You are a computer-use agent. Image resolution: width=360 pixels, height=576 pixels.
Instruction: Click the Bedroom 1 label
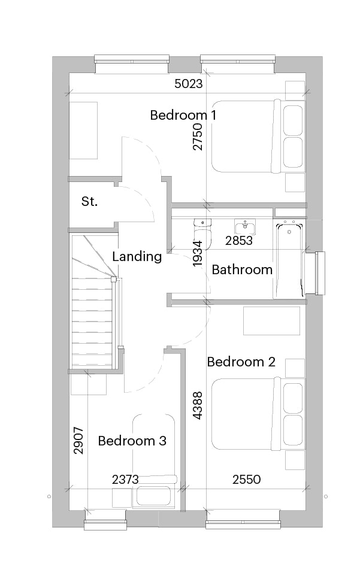(183, 116)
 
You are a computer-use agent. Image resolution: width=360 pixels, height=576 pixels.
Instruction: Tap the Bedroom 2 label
(241, 362)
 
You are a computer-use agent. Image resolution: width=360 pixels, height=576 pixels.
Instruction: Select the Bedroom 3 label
(132, 441)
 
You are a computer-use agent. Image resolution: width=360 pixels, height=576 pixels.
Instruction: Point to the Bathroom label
(242, 269)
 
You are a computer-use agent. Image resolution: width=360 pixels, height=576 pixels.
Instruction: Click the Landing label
(137, 256)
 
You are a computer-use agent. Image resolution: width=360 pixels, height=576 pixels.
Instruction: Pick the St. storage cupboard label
(89, 201)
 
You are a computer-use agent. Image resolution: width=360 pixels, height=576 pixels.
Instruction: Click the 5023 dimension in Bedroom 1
(189, 84)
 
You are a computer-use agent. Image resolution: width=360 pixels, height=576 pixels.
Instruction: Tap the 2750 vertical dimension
(197, 137)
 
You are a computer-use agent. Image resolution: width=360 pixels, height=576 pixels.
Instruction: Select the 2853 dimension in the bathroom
(239, 241)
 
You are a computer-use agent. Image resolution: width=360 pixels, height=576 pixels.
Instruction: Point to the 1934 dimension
(197, 253)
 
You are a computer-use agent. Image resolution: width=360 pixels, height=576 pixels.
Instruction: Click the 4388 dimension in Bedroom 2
(197, 405)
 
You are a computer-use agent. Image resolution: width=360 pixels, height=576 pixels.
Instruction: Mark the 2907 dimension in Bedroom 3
(78, 441)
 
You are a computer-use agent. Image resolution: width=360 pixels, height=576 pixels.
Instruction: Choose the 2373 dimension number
(125, 480)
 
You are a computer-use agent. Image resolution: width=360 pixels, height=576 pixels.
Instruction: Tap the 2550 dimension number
(247, 480)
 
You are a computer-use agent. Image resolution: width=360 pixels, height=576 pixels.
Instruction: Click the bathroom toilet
(202, 234)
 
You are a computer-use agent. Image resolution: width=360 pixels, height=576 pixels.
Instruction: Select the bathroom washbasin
(245, 228)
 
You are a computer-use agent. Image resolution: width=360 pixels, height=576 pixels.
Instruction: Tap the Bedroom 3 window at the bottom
(106, 520)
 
